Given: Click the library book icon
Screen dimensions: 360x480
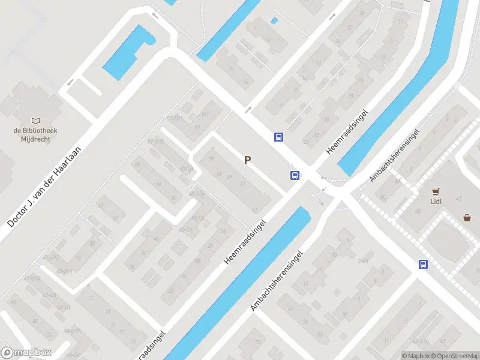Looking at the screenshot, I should pos(32,120).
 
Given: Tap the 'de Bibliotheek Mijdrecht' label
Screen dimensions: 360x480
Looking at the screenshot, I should pos(32,134).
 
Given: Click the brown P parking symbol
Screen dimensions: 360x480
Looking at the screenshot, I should pos(247,160).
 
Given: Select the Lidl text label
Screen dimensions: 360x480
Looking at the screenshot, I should pos(436,201).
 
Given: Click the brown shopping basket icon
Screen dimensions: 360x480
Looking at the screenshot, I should pos(467,218).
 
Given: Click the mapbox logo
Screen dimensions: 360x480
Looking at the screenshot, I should pos(26,353).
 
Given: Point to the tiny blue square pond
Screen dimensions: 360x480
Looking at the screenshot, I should pos(275,21).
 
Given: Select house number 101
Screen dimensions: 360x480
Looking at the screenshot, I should pos(205,115).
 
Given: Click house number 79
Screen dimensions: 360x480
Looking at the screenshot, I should pos(211,160).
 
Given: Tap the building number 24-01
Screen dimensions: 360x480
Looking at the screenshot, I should pos(362,261).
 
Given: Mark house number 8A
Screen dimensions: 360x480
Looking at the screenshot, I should pos(382,197).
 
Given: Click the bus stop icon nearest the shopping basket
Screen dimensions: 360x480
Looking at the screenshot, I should pos(423,264).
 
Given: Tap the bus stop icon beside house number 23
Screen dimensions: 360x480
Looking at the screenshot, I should pos(278,137).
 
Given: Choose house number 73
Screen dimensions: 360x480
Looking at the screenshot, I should pos(219,174).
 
